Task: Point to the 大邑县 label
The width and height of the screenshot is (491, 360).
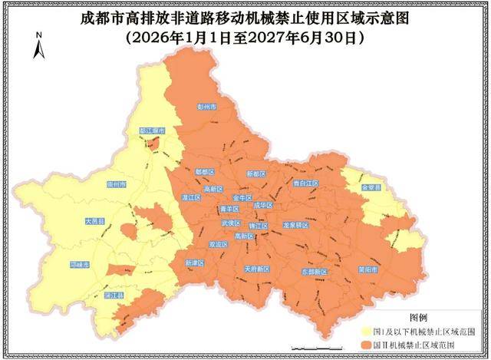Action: pyautogui.click(x=94, y=221)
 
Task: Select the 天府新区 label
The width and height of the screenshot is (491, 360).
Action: pyautogui.click(x=256, y=269)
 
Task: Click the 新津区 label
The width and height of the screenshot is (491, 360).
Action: pyautogui.click(x=195, y=263)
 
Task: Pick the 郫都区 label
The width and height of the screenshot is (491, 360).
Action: pyautogui.click(x=205, y=172)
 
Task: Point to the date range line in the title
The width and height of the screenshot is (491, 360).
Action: pyautogui.click(x=245, y=36)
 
